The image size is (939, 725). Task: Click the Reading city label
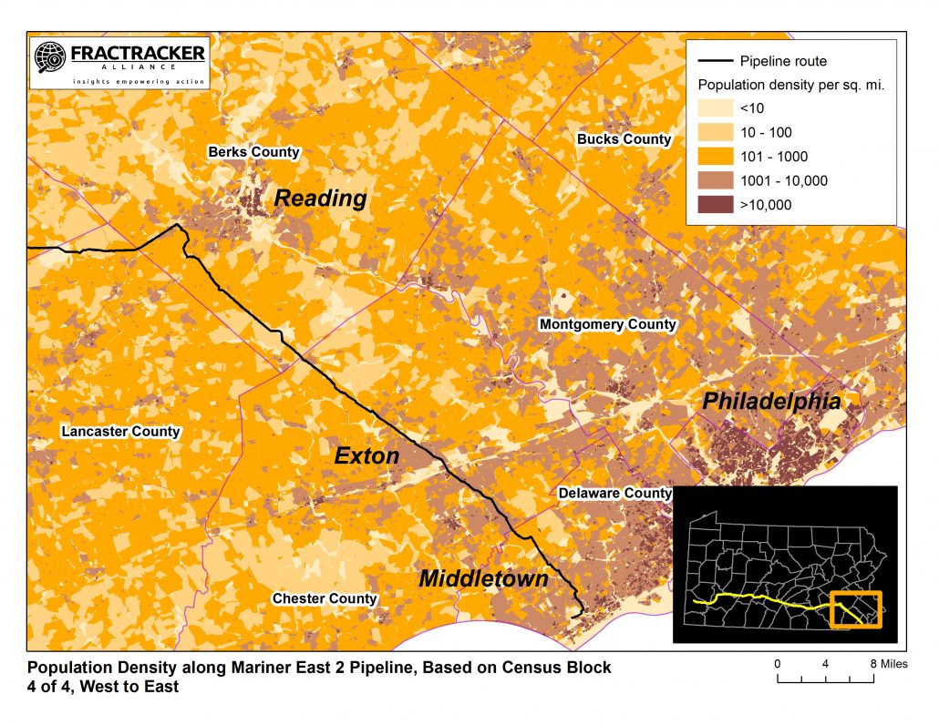(x=320, y=199)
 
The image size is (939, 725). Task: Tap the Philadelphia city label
(x=771, y=402)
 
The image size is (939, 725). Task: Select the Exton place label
(x=366, y=455)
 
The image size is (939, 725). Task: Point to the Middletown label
(x=483, y=578)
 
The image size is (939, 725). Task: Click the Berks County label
(x=253, y=152)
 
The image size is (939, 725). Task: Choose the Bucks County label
(x=624, y=139)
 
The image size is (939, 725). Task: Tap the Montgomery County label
(x=608, y=324)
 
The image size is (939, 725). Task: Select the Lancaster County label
(x=120, y=431)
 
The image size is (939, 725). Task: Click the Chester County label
(x=325, y=598)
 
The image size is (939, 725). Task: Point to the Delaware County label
(x=614, y=493)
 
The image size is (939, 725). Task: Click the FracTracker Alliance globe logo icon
(x=47, y=58)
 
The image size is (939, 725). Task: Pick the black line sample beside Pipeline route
(x=716, y=62)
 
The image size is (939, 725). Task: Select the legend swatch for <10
(x=716, y=108)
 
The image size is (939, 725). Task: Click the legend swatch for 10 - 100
(x=716, y=133)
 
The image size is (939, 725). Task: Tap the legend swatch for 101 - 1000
(x=716, y=157)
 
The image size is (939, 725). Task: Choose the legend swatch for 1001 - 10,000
(x=716, y=181)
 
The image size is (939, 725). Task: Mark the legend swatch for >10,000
(x=716, y=205)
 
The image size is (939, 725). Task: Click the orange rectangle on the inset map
(x=856, y=609)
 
